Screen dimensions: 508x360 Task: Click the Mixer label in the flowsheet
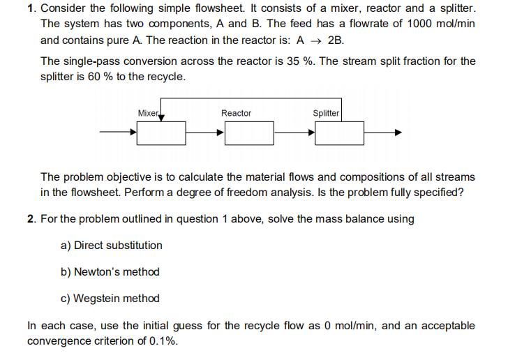(148, 113)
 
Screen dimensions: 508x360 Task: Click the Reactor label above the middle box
(236, 113)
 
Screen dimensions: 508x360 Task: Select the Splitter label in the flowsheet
(326, 113)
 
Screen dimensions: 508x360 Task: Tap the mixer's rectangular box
(161, 133)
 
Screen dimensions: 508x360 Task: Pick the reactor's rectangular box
(249, 133)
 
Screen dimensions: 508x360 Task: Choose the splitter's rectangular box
(339, 133)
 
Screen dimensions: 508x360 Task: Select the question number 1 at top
(31, 9)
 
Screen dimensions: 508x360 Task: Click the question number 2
(31, 219)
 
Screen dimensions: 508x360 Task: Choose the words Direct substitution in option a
(118, 246)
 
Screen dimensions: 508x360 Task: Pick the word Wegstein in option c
(97, 299)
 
